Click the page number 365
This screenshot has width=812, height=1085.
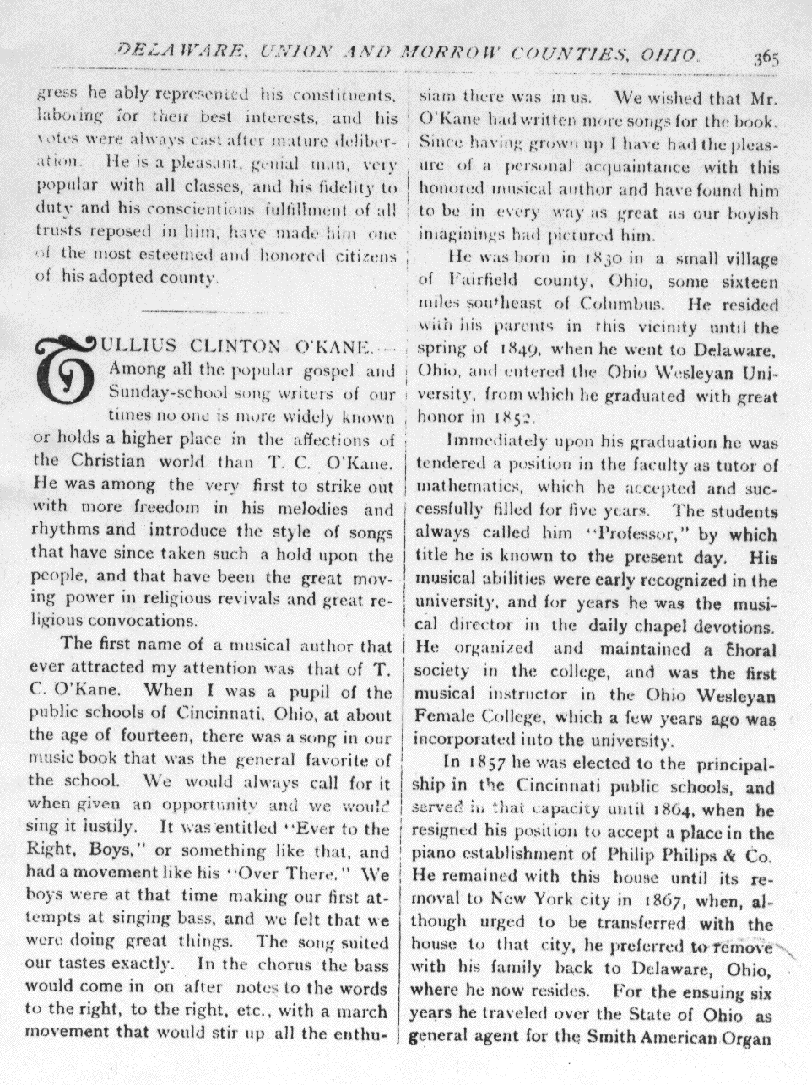click(x=766, y=59)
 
